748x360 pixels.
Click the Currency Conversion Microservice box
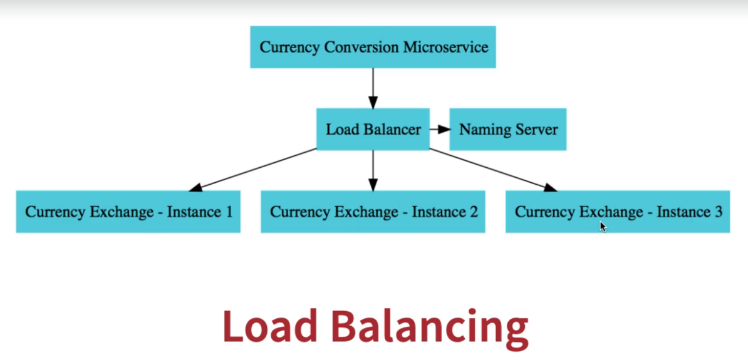tap(373, 47)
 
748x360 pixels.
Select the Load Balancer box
tap(373, 130)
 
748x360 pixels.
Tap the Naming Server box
tap(508, 130)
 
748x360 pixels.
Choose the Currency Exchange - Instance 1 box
tap(128, 212)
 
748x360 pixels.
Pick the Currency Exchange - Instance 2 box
tap(373, 212)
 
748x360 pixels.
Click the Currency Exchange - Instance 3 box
tap(618, 212)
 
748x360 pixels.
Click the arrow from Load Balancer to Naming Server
tap(440, 130)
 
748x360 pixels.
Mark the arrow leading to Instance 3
tap(495, 170)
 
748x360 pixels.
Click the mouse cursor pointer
tap(603, 227)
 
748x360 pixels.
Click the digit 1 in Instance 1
tap(228, 212)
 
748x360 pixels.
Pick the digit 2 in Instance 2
tap(473, 212)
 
